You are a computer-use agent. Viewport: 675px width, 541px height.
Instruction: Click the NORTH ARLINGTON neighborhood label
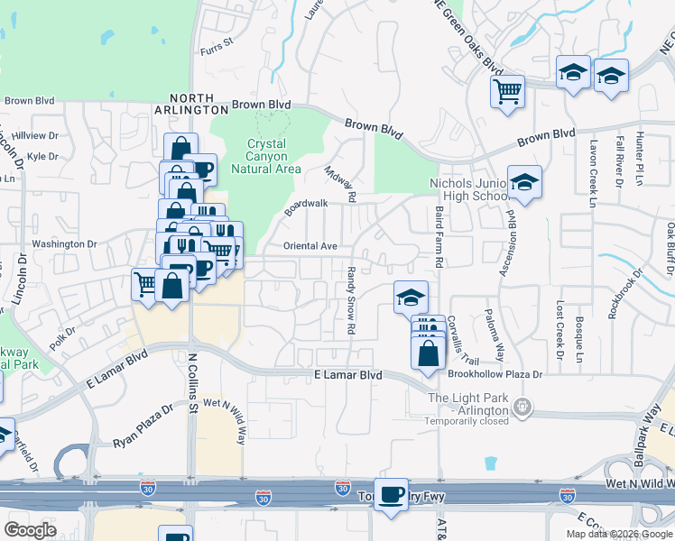[191, 105]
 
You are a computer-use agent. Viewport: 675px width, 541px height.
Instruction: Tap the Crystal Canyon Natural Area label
[266, 156]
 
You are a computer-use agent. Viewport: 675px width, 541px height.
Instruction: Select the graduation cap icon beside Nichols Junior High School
[524, 183]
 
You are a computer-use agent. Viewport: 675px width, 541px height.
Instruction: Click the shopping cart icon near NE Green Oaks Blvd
[508, 91]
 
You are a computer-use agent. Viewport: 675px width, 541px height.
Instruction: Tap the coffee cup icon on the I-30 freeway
[391, 495]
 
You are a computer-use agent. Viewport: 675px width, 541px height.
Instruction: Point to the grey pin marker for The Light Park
[522, 408]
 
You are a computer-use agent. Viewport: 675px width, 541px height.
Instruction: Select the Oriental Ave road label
[310, 245]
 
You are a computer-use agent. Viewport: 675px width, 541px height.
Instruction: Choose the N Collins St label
[192, 384]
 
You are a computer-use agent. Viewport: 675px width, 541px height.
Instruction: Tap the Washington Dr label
[64, 244]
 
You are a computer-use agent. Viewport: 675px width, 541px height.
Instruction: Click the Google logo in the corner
[31, 530]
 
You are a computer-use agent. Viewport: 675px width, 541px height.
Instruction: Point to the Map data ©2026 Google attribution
[619, 534]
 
